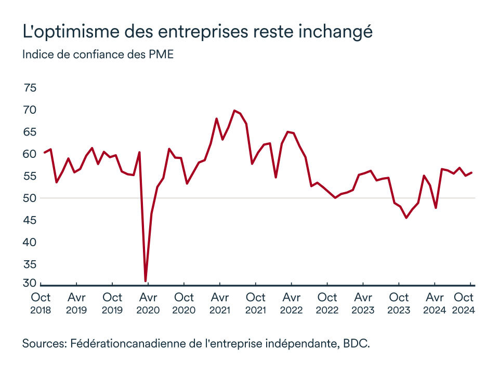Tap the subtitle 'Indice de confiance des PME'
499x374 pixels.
tap(98, 55)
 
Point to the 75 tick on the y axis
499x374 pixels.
tap(30, 88)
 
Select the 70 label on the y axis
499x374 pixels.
tap(30, 110)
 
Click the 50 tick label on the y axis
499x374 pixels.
tap(30, 198)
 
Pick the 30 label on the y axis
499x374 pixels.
tap(30, 283)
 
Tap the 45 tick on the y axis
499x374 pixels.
tap(30, 220)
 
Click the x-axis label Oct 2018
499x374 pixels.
tap(41, 303)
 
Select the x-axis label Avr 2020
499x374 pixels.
tap(148, 303)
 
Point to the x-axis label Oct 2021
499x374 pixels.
tap(255, 303)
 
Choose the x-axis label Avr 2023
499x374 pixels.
tap(363, 303)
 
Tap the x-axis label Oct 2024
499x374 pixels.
tap(464, 303)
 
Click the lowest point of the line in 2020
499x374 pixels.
tap(146, 281)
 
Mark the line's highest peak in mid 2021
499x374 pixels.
tap(234, 110)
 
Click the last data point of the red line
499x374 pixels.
tap(471, 172)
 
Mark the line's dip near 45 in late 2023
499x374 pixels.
tap(406, 218)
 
